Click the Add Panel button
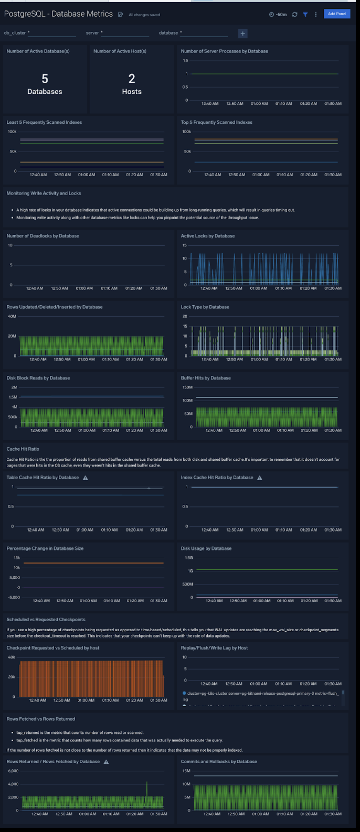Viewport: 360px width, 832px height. [337, 14]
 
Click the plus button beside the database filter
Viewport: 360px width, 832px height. [242, 33]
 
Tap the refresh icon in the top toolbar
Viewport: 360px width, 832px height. [294, 14]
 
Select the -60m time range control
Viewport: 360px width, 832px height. [278, 14]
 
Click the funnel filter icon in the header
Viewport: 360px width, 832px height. [305, 14]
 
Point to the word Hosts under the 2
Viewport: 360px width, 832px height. [131, 92]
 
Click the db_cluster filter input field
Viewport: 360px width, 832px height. [52, 33]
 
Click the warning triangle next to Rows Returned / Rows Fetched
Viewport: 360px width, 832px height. [106, 762]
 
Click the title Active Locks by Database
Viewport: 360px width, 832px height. [208, 236]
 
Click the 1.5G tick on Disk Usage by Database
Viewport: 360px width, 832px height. [189, 558]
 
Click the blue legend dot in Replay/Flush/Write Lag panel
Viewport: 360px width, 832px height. [184, 693]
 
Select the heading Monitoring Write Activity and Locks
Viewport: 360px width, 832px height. [44, 193]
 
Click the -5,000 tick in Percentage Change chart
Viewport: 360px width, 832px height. [14, 597]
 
